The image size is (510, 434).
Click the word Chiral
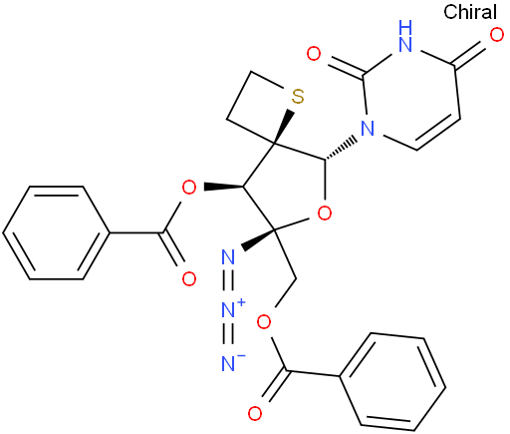tap(470, 12)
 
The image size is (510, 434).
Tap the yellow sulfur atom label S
tap(298, 97)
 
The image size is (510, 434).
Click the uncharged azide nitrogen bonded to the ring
tap(228, 256)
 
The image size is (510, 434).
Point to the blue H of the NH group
tap(405, 27)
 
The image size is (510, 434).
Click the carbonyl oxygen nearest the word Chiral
tap(497, 35)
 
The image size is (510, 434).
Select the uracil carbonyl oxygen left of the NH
tap(314, 53)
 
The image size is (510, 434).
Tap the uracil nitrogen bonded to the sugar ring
tap(368, 129)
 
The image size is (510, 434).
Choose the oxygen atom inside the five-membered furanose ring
tap(325, 213)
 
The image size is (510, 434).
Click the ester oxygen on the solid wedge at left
tap(189, 188)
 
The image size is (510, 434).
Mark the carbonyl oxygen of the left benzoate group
tap(189, 278)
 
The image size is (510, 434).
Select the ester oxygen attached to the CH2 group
tap(264, 321)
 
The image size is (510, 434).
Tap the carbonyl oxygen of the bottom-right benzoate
tap(255, 413)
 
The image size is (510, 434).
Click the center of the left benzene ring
tap(56, 232)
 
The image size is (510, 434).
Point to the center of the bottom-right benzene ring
tap(392, 381)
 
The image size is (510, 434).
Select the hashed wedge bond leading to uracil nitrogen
tap(342, 149)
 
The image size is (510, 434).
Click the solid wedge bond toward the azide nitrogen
tap(258, 238)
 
